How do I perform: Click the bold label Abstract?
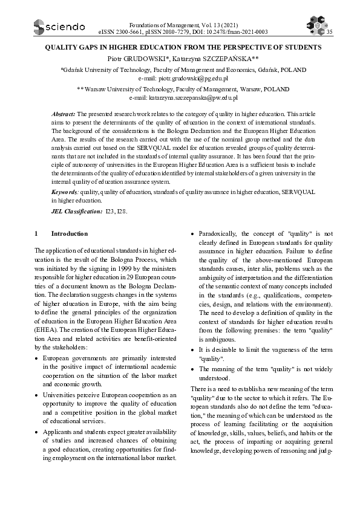[64, 114]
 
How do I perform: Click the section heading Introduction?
[69, 233]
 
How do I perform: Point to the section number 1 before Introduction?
[37, 233]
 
